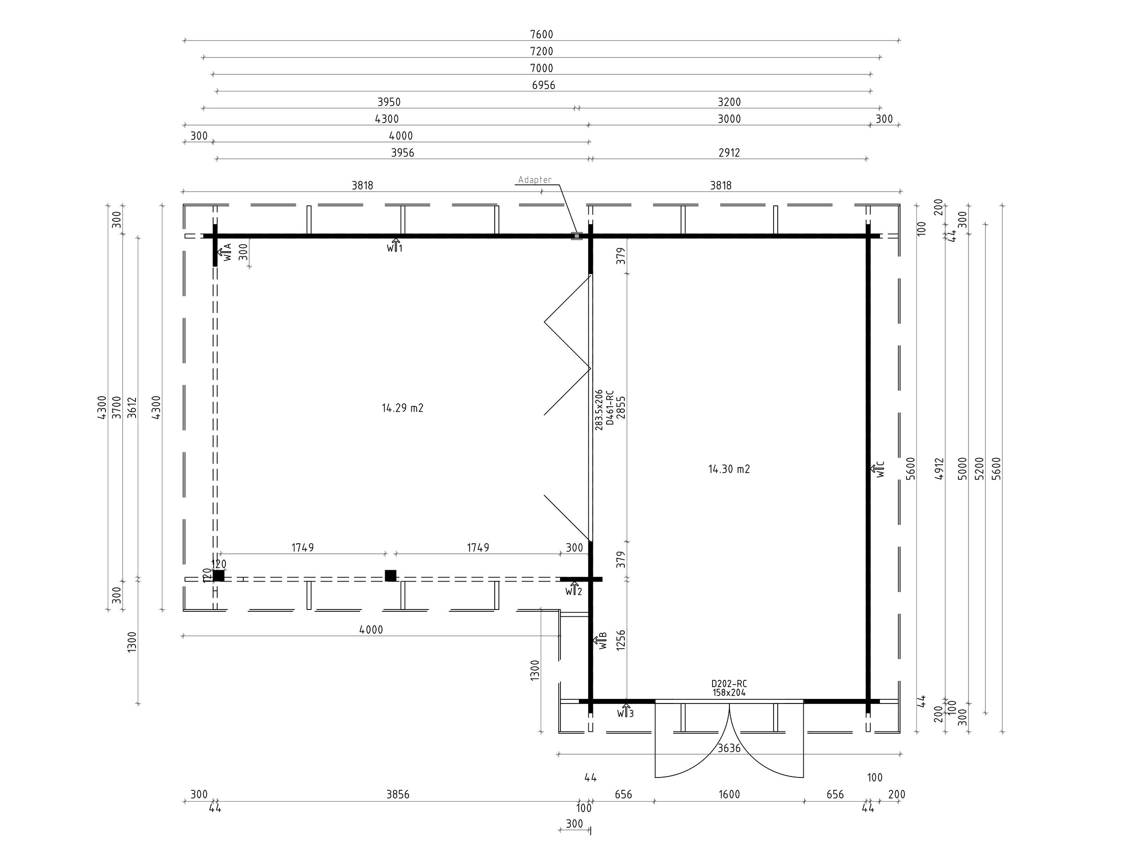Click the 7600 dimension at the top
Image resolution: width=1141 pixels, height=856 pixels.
tap(541, 35)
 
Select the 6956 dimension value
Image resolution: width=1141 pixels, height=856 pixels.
tap(544, 85)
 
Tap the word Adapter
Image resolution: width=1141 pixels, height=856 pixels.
tap(535, 179)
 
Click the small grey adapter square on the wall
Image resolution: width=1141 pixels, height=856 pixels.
tap(577, 236)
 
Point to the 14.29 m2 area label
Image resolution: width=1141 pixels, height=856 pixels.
tap(403, 408)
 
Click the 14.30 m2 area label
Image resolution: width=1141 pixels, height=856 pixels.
tap(729, 469)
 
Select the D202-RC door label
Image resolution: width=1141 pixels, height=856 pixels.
tap(729, 684)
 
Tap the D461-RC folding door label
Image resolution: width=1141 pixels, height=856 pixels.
tap(610, 408)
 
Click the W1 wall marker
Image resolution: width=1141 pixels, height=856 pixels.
tap(395, 246)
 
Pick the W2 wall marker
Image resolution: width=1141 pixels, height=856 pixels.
tap(574, 589)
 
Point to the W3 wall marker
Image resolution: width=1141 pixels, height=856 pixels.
tap(625, 711)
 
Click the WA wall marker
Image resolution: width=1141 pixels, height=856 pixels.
tap(225, 252)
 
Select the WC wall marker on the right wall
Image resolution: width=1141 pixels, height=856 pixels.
tap(877, 469)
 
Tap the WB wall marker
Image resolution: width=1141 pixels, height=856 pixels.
tap(600, 641)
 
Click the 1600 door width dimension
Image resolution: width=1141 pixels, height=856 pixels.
tap(729, 794)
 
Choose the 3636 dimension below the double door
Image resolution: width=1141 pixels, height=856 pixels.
tap(729, 748)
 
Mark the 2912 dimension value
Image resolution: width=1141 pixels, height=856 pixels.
tap(729, 153)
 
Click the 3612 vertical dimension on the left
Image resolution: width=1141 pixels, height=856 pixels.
tap(132, 407)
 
